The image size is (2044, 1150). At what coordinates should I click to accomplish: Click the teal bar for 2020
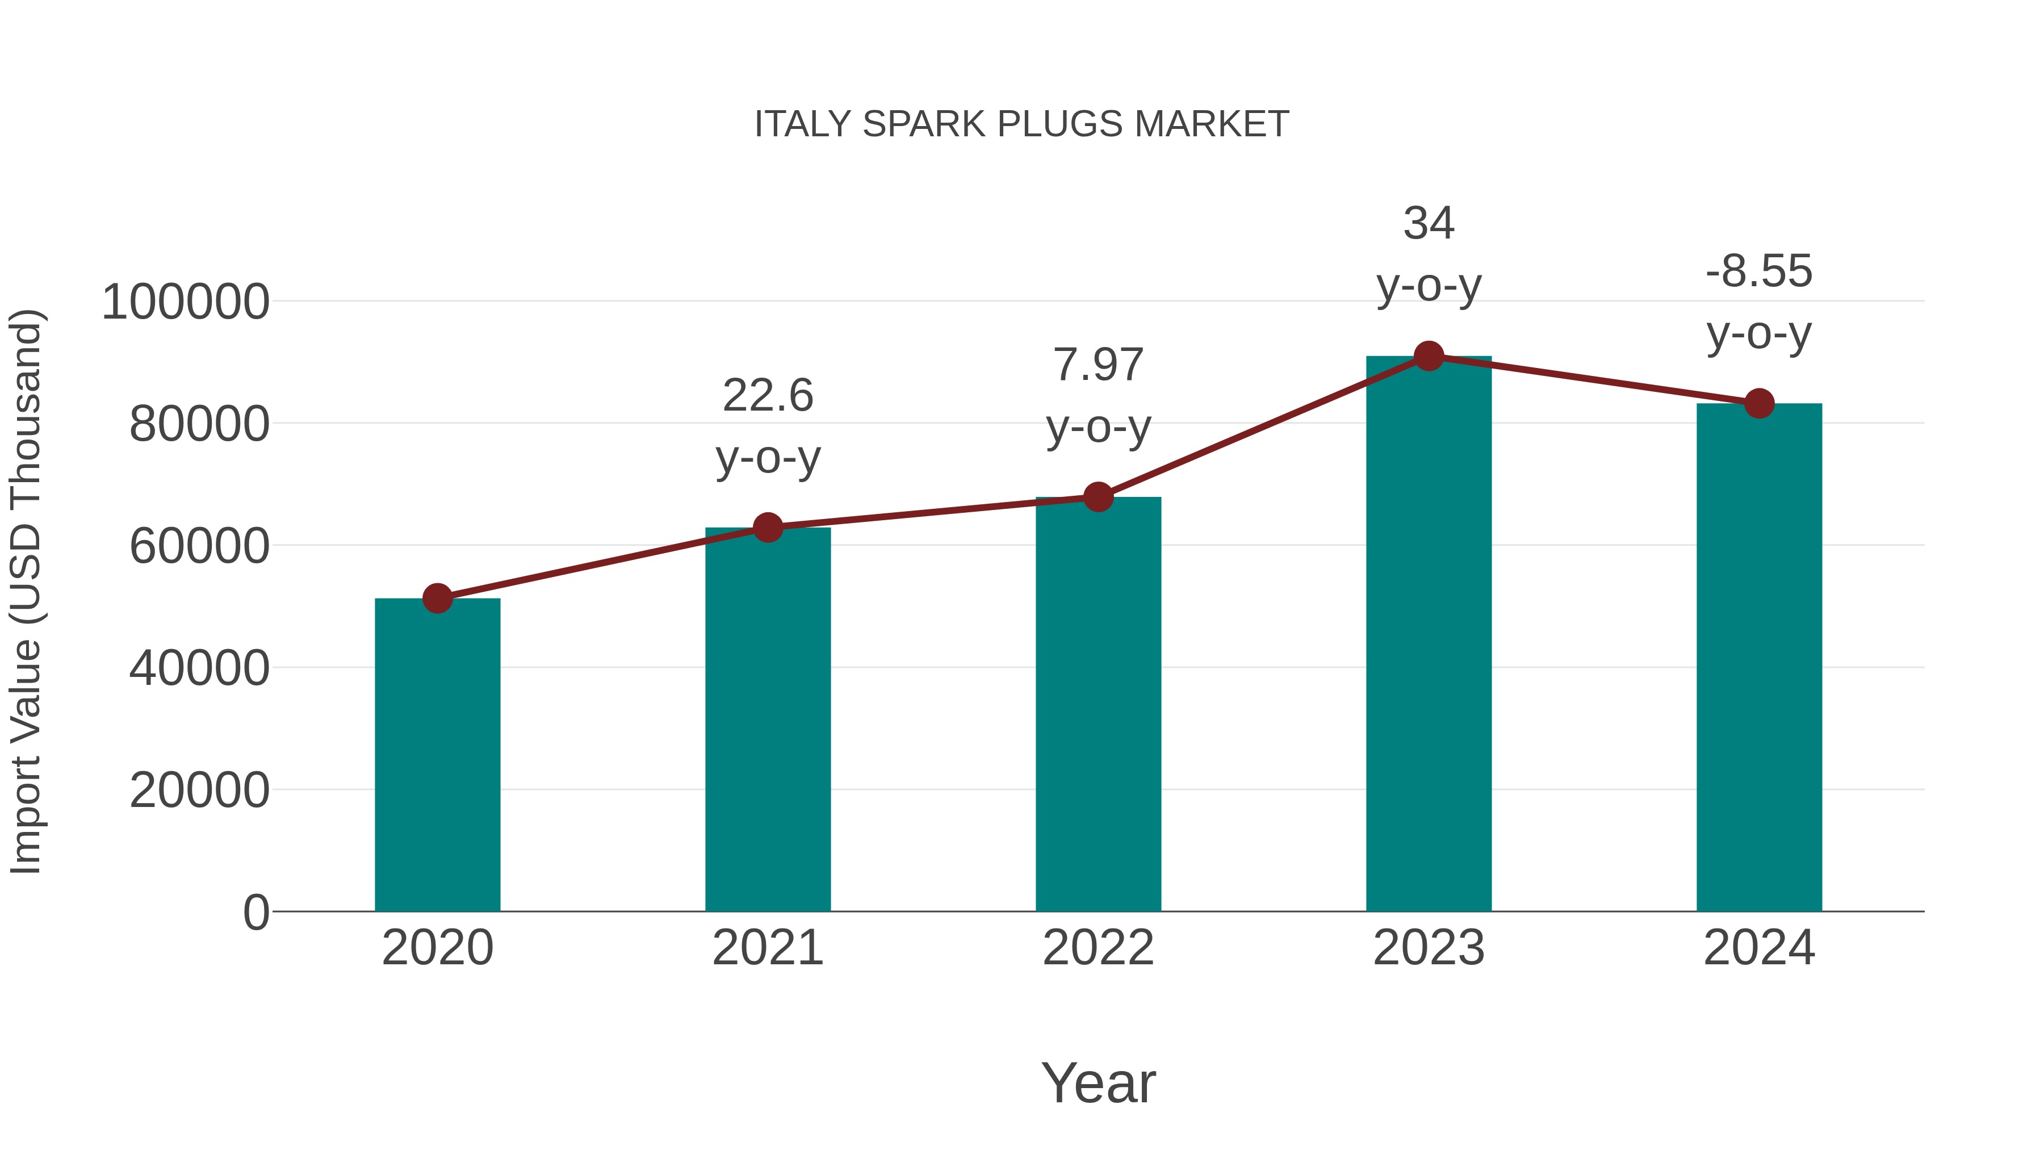pos(437,754)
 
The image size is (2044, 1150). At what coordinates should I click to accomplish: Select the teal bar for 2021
pos(767,719)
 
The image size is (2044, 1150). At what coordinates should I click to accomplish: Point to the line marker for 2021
pos(767,528)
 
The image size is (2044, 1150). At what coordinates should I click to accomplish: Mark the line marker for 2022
pos(1098,497)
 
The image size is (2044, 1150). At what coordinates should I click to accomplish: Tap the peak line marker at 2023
pos(1429,356)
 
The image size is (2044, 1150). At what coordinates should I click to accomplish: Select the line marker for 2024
pos(1759,403)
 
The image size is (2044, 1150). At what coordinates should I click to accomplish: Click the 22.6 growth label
pos(767,395)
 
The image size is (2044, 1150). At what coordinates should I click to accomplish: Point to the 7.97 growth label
pos(1098,365)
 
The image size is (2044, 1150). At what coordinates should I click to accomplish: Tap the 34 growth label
pos(1429,223)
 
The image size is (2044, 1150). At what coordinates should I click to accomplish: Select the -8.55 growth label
pos(1759,271)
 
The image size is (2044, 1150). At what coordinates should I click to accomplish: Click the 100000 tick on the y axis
pos(186,302)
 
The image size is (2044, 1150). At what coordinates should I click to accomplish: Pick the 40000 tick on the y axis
pos(199,668)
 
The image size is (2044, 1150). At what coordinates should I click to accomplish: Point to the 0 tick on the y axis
pos(256,913)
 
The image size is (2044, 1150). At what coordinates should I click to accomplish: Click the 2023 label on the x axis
pos(1429,948)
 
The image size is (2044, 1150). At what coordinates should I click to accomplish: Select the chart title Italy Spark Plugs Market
pos(1021,124)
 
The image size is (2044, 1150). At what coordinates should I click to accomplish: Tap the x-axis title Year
pos(1098,1082)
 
